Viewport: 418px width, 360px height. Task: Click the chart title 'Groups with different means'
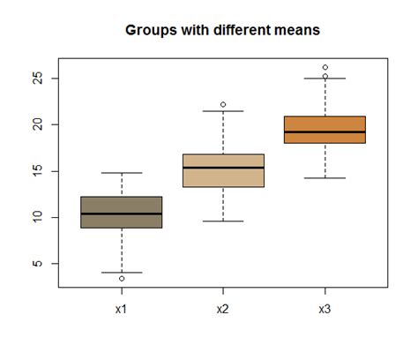coord(222,30)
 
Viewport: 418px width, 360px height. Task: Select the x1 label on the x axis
coord(121,309)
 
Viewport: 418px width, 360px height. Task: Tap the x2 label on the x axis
coord(222,309)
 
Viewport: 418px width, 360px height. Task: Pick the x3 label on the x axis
coord(325,309)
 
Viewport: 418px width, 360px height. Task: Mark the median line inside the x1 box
coord(121,214)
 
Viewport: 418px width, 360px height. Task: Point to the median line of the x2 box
coord(222,168)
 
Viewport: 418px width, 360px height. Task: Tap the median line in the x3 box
coord(325,131)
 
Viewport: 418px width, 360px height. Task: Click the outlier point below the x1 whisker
coord(122,279)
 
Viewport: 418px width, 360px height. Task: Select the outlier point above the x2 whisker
coord(223,104)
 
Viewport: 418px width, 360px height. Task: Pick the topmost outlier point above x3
coord(325,67)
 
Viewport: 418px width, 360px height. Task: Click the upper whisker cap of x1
coord(121,173)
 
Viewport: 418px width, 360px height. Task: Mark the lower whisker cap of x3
coord(325,178)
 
